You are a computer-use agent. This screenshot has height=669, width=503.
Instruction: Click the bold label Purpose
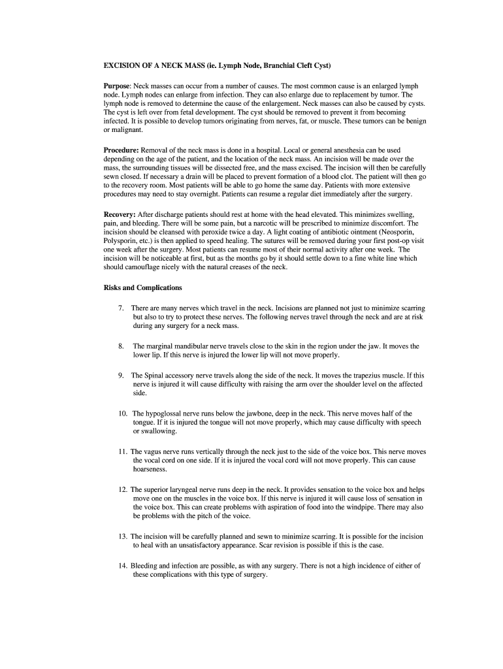point(118,86)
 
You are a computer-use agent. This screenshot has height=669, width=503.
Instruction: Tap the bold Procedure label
point(121,150)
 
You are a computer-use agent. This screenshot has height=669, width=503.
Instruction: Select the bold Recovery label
point(120,214)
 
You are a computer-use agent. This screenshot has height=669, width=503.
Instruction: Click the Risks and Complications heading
point(143,287)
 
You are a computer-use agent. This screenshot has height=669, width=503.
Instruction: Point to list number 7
point(121,308)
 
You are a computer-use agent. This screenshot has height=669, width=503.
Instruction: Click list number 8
point(121,346)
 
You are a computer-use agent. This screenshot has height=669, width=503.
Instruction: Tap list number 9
point(121,376)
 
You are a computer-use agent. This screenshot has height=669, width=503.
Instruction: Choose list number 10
point(122,414)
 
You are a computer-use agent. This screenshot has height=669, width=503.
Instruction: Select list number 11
point(122,451)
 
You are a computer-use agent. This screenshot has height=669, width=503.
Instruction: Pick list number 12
point(122,489)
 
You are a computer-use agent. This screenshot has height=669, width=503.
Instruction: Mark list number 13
point(122,536)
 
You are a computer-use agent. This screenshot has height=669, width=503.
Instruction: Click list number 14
point(122,565)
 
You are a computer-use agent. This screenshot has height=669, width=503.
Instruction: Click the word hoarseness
point(150,469)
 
